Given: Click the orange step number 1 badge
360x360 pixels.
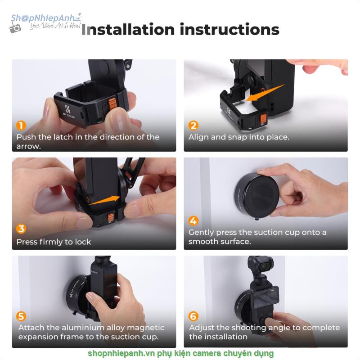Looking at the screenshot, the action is (x=21, y=126).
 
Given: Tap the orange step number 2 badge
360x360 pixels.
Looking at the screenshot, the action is (x=193, y=126).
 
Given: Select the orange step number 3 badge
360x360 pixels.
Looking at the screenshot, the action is (x=21, y=229).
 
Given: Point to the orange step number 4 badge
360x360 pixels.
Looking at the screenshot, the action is (x=193, y=220).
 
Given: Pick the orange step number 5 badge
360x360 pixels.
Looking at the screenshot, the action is (x=21, y=316).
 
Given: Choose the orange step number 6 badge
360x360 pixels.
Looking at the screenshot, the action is (x=193, y=316).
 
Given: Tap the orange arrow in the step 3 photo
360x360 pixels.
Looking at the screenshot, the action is (x=104, y=200).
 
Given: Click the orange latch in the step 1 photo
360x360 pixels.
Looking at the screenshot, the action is (x=112, y=103).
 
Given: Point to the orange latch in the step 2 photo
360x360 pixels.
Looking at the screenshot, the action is (x=263, y=119).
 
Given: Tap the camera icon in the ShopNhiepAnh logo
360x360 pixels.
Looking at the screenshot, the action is (x=15, y=28).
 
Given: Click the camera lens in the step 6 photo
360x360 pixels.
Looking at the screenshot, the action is (x=265, y=266).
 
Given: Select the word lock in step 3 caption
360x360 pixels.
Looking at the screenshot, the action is (x=83, y=242).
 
